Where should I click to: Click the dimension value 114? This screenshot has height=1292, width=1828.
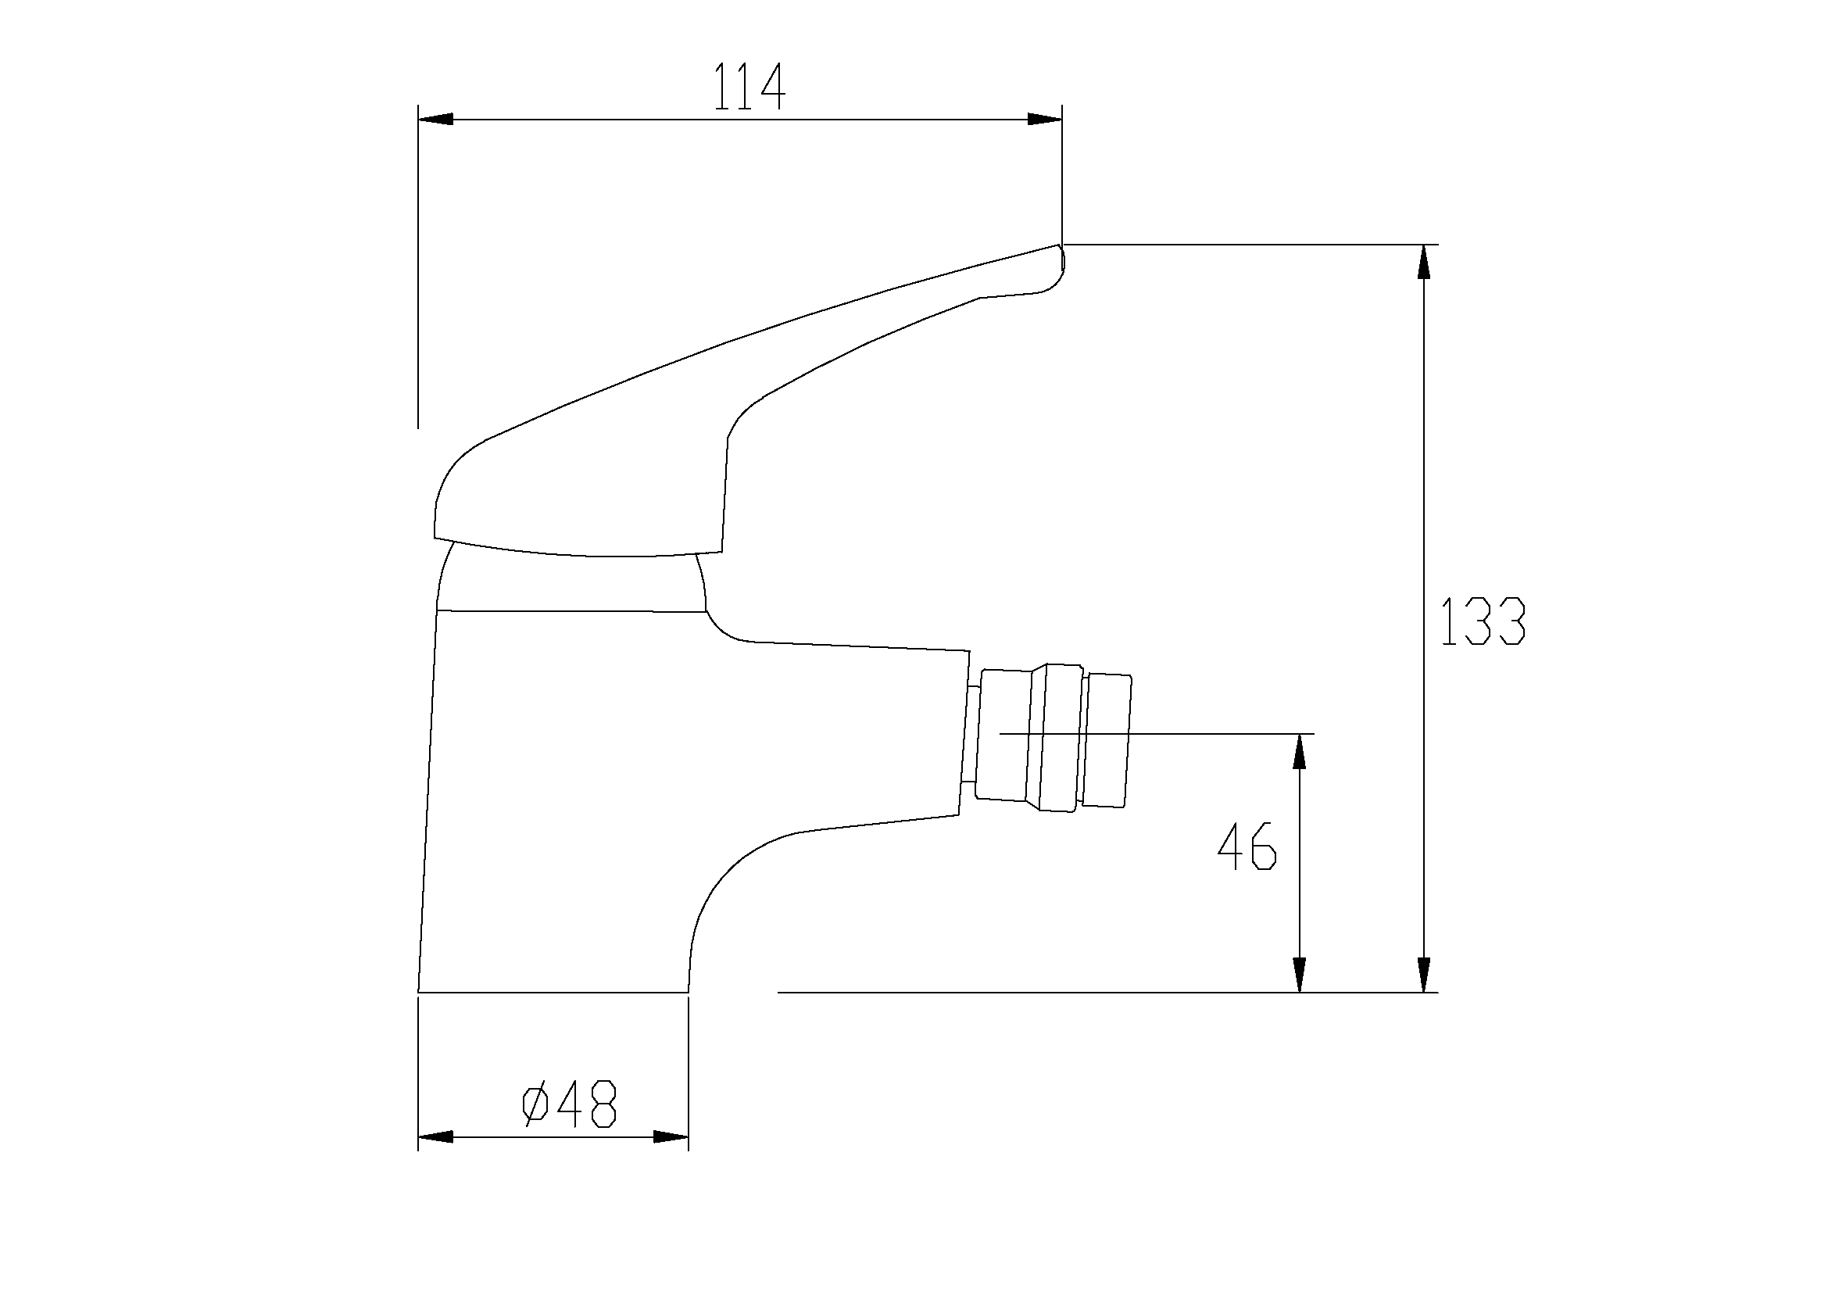point(749,87)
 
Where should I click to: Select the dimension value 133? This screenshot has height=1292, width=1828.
point(1483,621)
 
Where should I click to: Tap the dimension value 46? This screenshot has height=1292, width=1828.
point(1247,847)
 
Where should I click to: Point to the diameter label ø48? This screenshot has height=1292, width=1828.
point(569,1104)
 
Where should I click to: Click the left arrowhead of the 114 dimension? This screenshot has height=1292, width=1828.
point(435,120)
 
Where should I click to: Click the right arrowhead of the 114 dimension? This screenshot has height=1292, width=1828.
point(1045,120)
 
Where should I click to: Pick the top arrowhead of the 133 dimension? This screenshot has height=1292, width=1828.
point(1423,262)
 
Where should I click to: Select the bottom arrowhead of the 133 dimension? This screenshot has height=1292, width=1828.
point(1423,975)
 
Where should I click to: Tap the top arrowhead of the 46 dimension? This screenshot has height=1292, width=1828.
point(1300,751)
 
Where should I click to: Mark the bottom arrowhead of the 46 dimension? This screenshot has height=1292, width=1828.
point(1300,975)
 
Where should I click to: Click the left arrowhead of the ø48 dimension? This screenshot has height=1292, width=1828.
point(435,1136)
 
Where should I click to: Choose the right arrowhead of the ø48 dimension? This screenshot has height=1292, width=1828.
point(671,1136)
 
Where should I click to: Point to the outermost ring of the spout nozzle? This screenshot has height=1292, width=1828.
point(1108,740)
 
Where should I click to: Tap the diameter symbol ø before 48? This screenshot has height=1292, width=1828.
point(535,1104)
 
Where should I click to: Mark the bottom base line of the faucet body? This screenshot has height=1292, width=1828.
point(553,992)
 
